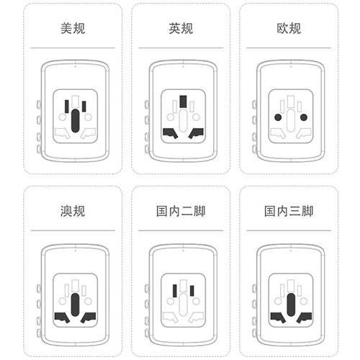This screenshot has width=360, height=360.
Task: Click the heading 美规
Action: point(73,28)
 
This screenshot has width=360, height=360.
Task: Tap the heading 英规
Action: point(181,28)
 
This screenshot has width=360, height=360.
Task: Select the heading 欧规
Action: point(289,28)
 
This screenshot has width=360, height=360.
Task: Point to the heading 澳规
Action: point(73,211)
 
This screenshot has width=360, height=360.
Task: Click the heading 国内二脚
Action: point(181,211)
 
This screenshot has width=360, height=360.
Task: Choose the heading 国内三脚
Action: point(289,211)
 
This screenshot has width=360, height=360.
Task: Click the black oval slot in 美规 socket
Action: point(75,120)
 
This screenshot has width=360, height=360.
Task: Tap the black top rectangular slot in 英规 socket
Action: point(183,102)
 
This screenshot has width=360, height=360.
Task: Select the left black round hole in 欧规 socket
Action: point(278,117)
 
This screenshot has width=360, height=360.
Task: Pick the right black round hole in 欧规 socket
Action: point(304,117)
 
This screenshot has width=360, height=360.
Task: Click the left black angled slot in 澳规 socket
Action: point(62,318)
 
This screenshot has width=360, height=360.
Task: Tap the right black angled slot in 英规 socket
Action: point(196,133)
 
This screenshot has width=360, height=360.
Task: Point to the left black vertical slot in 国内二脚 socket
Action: point(175,291)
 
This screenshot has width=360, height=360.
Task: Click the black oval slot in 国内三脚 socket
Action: point(291,305)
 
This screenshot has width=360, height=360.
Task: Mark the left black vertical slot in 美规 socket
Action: point(67,107)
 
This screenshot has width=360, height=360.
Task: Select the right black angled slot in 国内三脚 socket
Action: point(304,318)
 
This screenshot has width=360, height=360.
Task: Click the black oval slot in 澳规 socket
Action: point(75,305)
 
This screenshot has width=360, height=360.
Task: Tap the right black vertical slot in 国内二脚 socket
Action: point(192,291)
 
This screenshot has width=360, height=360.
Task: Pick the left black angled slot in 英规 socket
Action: point(171,133)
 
